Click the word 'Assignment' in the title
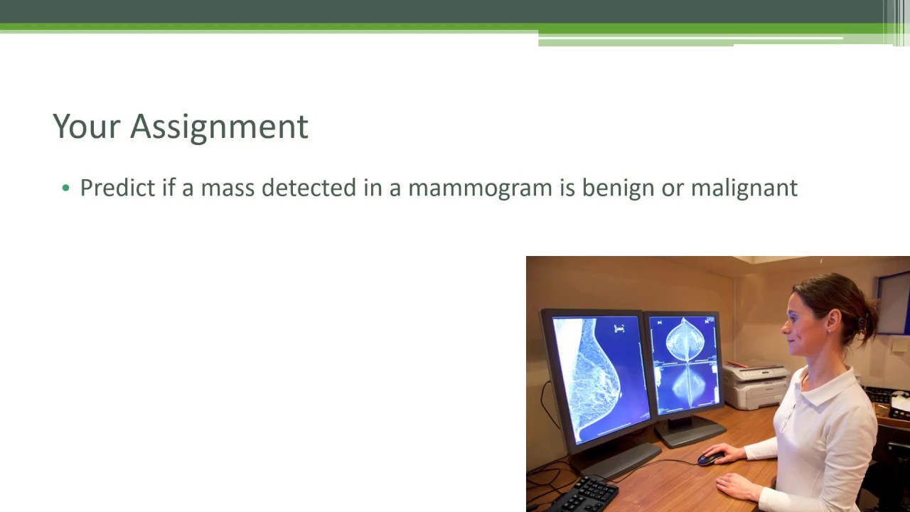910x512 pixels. [x=219, y=127]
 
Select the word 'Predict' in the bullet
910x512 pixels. [x=117, y=188]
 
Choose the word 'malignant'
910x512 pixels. [x=744, y=188]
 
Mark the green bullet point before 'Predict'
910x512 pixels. [x=66, y=188]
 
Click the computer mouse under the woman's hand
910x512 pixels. [x=710, y=459]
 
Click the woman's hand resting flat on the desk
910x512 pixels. [x=736, y=486]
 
